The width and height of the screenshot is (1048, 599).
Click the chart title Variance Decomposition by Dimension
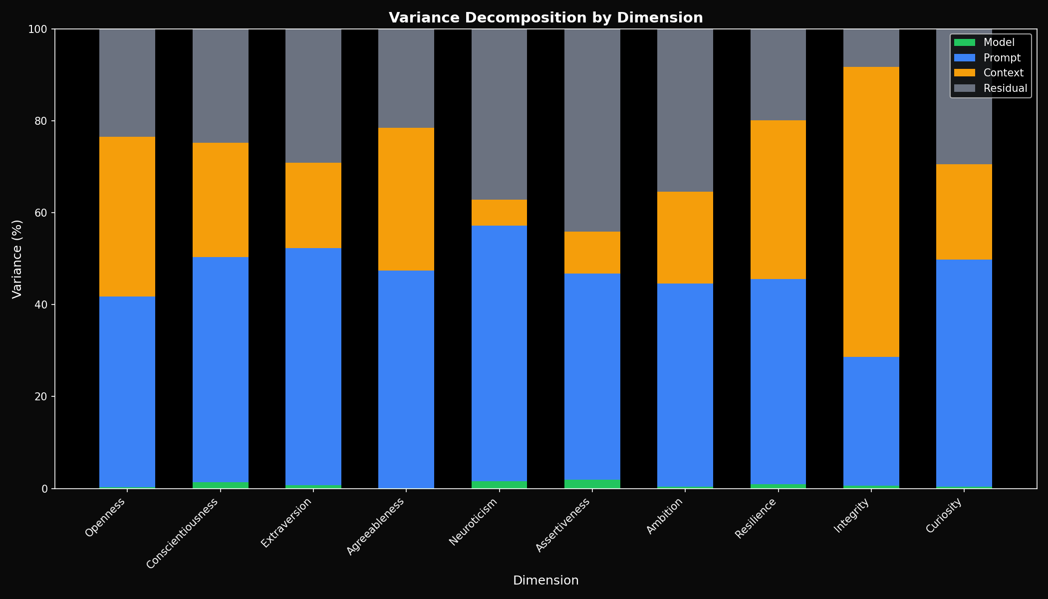[545, 18]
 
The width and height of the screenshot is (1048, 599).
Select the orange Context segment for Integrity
[871, 212]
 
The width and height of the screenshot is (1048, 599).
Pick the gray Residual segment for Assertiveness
[592, 130]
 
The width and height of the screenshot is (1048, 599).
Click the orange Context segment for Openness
[127, 216]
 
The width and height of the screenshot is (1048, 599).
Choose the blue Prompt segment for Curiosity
[964, 373]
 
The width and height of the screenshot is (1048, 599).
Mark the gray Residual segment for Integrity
[871, 48]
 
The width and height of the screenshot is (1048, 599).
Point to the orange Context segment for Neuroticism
[499, 213]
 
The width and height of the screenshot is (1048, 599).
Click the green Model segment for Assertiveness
[592, 484]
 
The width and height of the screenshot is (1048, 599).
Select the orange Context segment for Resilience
[778, 200]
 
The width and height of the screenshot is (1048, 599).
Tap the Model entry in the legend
[999, 42]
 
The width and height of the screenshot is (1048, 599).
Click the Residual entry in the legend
[1005, 88]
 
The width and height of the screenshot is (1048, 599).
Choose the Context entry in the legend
[1003, 73]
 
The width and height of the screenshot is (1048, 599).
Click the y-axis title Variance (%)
[17, 259]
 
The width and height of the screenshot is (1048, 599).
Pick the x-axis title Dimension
[545, 581]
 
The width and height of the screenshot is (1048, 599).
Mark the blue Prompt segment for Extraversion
[313, 366]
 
